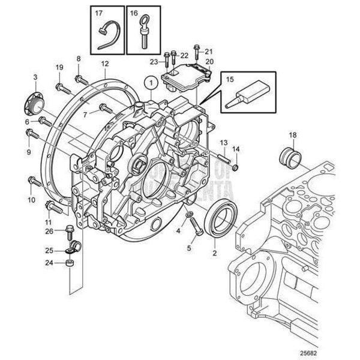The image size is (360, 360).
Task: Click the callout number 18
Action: tap(293, 137)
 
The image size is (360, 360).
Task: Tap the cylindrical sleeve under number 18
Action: tap(292, 158)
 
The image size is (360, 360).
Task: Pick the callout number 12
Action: tap(104, 64)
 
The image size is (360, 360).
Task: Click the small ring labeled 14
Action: tap(235, 166)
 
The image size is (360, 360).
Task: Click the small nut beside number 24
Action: tap(70, 263)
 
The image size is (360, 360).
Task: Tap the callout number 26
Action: tap(49, 231)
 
